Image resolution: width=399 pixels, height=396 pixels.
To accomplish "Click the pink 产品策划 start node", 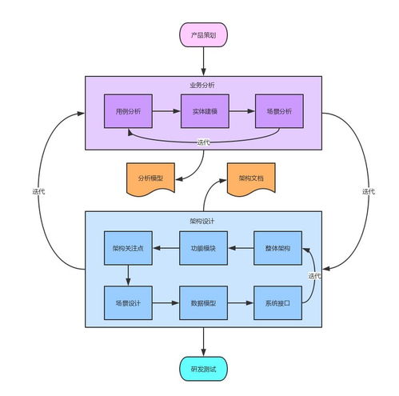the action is tap(203, 35).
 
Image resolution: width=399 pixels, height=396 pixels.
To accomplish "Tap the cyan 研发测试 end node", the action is tap(203, 369).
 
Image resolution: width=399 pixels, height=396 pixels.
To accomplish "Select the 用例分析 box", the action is tap(128, 111).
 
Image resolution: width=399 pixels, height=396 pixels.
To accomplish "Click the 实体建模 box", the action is tap(205, 111).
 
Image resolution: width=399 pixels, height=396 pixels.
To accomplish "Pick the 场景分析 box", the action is tap(279, 111).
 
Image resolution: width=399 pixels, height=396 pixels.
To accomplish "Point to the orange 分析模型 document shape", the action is tap(150, 178).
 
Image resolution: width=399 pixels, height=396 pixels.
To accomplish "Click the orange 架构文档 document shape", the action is tap(251, 178).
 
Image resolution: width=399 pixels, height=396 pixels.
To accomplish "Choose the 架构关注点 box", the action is tap(128, 248).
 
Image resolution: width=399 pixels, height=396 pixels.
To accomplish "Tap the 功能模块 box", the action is tap(203, 248).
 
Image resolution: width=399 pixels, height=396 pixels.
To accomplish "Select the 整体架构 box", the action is tap(277, 248).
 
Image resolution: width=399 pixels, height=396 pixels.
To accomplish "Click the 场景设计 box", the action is tap(128, 303).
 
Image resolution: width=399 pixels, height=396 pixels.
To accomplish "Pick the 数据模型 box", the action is tap(203, 303).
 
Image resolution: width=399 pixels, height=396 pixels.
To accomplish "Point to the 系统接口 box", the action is tap(277, 303).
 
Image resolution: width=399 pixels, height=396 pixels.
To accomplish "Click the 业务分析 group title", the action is tap(202, 85).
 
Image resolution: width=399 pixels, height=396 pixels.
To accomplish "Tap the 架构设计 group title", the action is tap(202, 221).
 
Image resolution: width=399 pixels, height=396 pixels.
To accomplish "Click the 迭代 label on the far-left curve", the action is tap(38, 191).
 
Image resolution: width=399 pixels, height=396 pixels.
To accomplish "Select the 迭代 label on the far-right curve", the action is tap(369, 191).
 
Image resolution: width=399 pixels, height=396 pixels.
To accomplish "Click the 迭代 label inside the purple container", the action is tap(204, 142).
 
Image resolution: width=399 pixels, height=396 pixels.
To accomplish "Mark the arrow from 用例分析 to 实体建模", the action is tap(166, 111).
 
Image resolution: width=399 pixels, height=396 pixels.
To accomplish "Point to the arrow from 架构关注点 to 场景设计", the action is tap(128, 275).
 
